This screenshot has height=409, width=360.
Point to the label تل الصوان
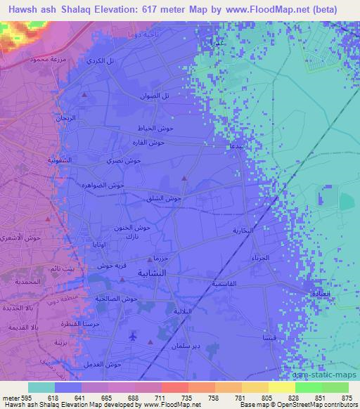(x=155, y=95)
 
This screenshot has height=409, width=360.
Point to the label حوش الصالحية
(x=117, y=299)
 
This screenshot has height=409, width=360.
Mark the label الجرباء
(x=260, y=259)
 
